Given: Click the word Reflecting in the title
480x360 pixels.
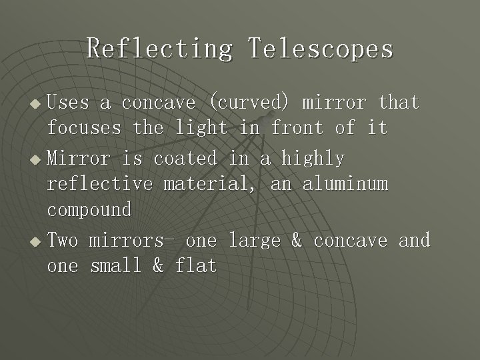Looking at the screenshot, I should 159,49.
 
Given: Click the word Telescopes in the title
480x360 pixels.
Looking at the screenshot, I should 321,49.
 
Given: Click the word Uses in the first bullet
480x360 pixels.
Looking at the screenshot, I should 68,103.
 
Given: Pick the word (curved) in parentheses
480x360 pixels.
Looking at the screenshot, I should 249,103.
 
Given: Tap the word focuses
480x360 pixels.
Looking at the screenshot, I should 84,127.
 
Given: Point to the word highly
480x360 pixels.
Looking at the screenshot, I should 313,159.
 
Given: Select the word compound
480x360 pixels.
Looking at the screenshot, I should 89,210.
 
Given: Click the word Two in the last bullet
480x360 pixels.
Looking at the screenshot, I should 63,239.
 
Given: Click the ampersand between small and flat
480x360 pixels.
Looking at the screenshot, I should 158,266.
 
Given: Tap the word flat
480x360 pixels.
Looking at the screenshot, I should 196,266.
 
